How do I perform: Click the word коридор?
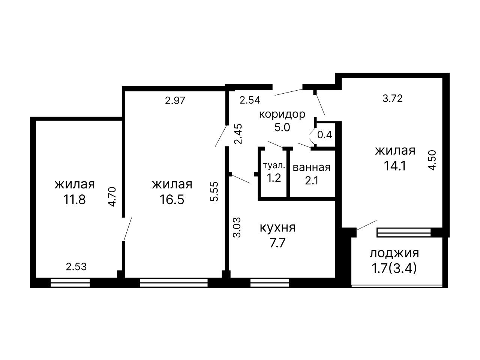tap(282, 115)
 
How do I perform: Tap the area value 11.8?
tap(74, 199)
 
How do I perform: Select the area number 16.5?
tap(172, 199)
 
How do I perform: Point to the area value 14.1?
tap(395, 166)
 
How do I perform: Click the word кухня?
tap(278, 228)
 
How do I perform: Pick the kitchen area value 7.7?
tap(278, 243)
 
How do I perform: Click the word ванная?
tap(312, 167)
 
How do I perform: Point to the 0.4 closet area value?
tap(325, 135)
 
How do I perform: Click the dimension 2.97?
tap(175, 101)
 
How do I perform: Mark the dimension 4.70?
tap(112, 197)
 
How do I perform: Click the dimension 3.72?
tap(393, 99)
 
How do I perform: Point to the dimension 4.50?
tap(432, 160)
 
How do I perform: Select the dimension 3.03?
tap(237, 227)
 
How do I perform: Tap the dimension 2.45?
tap(238, 134)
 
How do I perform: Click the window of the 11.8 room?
tap(70, 283)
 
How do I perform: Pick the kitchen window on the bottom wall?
tap(270, 283)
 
